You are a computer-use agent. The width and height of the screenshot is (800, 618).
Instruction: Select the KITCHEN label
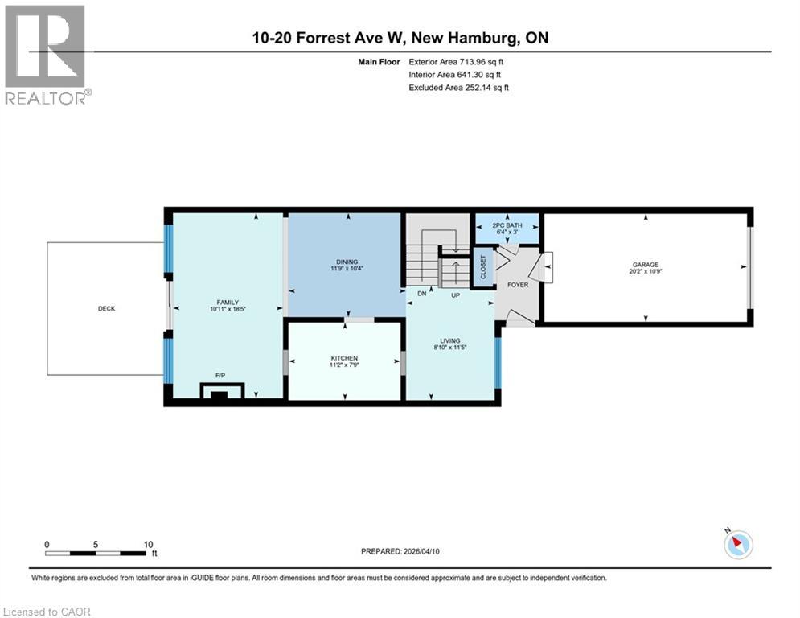coord(344,358)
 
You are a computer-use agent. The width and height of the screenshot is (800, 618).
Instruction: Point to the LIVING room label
coord(449,340)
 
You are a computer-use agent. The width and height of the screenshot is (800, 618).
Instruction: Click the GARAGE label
coord(646,264)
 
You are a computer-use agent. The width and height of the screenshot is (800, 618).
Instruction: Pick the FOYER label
coord(517,285)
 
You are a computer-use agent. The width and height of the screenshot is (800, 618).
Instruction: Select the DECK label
coord(107,308)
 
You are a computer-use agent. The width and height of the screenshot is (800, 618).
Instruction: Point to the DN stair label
coord(421,295)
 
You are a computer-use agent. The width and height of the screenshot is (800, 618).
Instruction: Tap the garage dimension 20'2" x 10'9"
coord(646,272)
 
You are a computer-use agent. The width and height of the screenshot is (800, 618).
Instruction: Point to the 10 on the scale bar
coord(147,544)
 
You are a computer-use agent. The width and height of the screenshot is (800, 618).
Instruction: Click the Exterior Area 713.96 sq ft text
coord(457,61)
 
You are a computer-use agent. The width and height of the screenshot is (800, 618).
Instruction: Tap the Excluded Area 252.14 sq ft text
coord(458,87)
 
